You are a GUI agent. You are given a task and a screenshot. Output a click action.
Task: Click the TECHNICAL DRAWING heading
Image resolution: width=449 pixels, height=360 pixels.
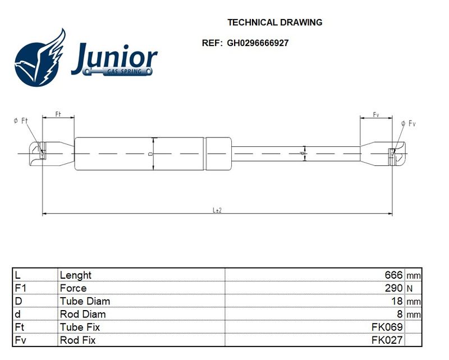[x=274, y=22]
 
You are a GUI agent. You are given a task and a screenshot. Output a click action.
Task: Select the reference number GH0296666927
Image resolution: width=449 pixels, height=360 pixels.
[x=258, y=43]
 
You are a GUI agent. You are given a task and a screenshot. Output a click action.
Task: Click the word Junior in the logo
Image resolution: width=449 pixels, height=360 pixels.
[x=114, y=58]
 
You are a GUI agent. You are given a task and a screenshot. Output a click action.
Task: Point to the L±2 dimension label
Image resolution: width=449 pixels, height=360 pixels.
[x=217, y=210]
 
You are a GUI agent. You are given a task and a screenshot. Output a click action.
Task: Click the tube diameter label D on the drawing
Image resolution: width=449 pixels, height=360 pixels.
[x=150, y=154]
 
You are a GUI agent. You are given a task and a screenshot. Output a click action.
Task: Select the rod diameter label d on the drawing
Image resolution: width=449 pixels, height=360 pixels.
[x=302, y=154]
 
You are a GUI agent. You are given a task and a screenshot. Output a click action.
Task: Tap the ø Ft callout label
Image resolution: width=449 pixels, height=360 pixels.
[x=21, y=121]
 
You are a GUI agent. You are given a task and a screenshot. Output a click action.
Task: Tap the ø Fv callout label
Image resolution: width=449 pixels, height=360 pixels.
[x=409, y=123]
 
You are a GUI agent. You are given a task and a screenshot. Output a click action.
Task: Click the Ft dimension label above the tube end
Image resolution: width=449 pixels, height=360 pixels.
[x=58, y=114]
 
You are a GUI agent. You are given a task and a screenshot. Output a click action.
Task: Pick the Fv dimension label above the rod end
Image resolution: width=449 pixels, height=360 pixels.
[x=376, y=115]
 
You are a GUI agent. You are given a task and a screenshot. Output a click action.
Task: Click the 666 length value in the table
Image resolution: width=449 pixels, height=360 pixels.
[x=394, y=275]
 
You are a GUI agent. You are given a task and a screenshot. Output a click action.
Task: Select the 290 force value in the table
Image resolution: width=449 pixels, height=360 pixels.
[x=394, y=288]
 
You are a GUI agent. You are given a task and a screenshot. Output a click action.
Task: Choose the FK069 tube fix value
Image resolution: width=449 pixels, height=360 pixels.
[x=387, y=327]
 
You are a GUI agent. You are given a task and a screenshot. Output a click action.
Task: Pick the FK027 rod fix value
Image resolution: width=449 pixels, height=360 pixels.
[x=387, y=340]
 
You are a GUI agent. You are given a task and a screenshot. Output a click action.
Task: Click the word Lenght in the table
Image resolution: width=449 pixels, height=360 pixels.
[x=76, y=275]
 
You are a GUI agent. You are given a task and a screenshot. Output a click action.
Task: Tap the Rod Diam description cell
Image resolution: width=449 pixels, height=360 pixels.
[x=83, y=314]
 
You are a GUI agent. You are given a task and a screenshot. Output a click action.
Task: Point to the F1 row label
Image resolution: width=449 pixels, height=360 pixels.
[x=20, y=288]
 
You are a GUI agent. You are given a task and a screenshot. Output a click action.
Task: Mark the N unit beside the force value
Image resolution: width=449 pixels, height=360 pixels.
[x=410, y=288]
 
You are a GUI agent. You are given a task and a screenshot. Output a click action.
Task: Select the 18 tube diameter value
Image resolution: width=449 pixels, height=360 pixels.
[x=397, y=301]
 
